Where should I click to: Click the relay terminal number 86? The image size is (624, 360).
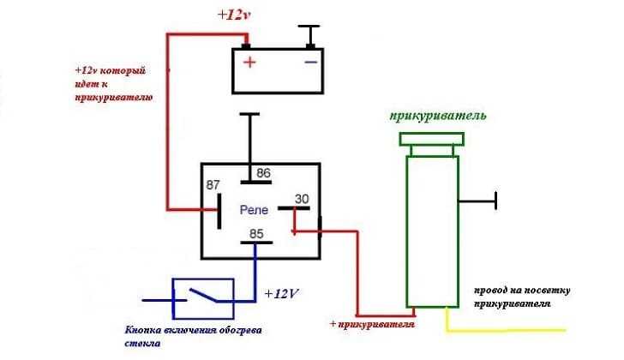coord(263,173)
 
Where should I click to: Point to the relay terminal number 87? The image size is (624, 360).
coord(212,185)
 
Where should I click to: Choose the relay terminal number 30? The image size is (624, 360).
coord(302,199)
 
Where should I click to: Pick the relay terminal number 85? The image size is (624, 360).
coord(256,231)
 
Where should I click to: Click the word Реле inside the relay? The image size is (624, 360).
coord(255,209)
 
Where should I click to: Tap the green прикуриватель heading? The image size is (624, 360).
coord(438,116)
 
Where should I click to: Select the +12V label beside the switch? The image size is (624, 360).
coord(282,293)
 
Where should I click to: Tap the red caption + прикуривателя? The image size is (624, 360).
coord(373,326)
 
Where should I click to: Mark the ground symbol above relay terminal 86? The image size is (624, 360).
coord(249,114)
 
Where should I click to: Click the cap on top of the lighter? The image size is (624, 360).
coord(431,140)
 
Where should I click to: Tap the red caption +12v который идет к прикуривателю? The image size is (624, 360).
coord(115,84)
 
